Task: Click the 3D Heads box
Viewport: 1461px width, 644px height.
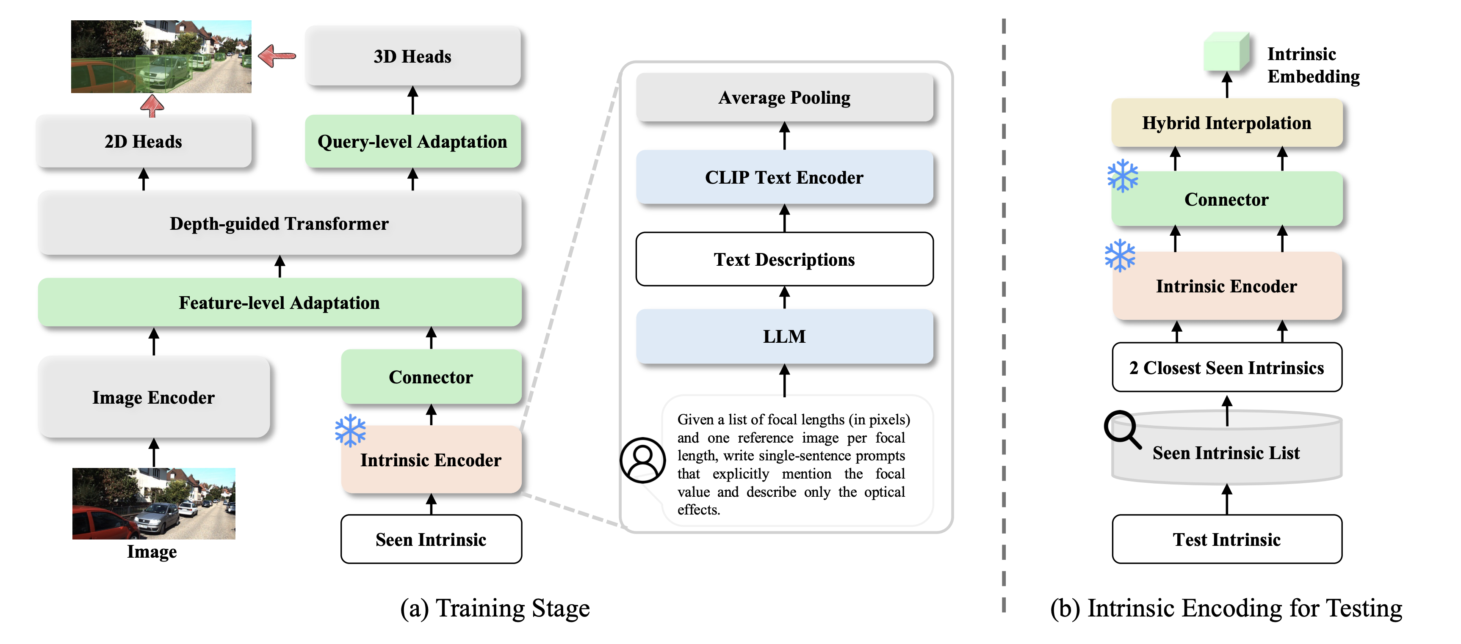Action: click(412, 56)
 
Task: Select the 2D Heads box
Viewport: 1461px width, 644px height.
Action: click(144, 141)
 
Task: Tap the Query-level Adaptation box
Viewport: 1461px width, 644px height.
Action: click(412, 141)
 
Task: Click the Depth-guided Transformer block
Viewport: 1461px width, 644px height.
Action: click(279, 223)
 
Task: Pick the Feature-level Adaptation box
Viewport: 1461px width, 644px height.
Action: click(279, 302)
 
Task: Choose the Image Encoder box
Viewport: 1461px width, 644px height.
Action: click(154, 397)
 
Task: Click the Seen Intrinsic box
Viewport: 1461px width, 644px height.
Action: click(431, 539)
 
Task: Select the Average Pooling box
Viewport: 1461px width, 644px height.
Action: click(784, 97)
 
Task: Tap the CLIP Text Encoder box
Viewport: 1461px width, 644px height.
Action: click(784, 177)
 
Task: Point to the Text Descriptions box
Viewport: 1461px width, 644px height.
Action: click(784, 259)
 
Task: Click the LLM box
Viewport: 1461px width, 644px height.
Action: click(784, 336)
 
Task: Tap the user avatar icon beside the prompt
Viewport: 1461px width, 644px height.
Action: click(642, 460)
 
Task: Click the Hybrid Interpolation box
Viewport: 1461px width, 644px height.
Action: click(1226, 122)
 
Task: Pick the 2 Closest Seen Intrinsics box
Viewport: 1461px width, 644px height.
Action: click(1226, 367)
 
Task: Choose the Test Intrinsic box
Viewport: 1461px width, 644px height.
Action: click(1226, 539)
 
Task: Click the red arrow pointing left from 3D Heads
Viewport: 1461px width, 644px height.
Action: click(277, 55)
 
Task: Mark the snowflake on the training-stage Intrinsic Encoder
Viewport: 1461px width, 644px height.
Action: click(350, 430)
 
